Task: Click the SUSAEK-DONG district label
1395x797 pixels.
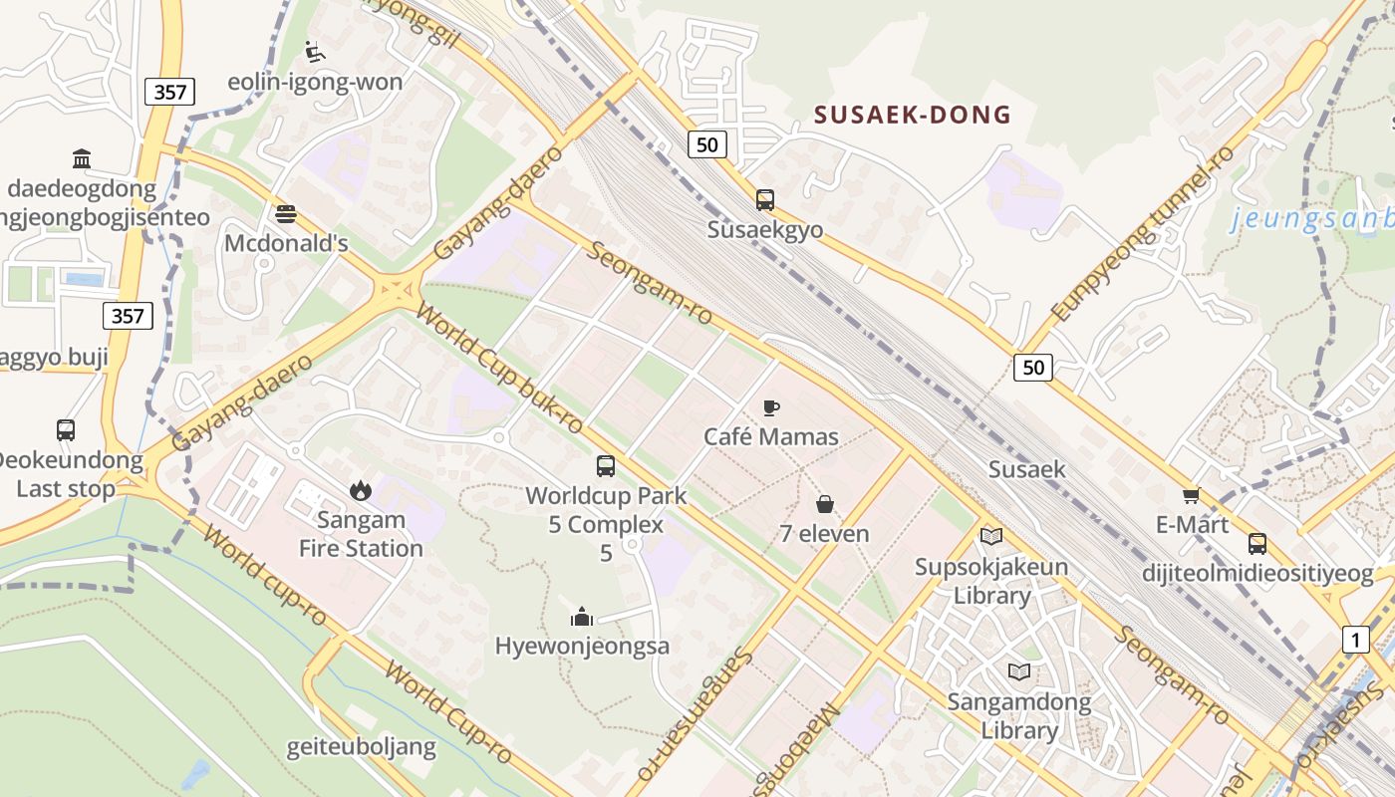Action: [x=912, y=115]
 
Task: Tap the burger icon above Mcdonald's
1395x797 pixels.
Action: [x=286, y=213]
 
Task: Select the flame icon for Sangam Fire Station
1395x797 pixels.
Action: [x=360, y=489]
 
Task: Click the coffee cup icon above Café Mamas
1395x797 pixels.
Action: [x=770, y=406]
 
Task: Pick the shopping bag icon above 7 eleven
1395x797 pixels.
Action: [x=824, y=504]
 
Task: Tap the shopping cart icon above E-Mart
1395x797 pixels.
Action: [x=1191, y=495]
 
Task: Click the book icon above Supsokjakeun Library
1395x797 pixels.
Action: [x=990, y=537]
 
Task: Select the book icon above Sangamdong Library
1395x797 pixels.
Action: [x=1018, y=671]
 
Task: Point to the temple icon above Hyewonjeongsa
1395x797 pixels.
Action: [x=582, y=617]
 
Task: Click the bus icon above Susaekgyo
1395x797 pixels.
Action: [x=764, y=199]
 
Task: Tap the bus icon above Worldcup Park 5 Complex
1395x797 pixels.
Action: [x=605, y=465]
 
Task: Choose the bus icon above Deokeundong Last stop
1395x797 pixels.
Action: [x=66, y=430]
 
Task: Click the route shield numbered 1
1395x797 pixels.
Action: [x=1355, y=639]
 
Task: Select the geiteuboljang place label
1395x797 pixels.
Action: [x=361, y=747]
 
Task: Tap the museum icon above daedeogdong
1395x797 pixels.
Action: [x=82, y=158]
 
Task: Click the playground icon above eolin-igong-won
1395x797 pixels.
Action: [x=315, y=51]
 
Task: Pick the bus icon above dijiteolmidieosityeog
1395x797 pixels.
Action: [x=1257, y=544]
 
